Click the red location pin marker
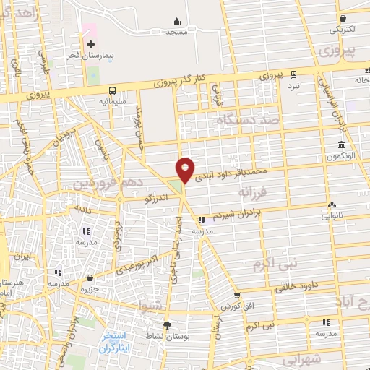tap(185, 169)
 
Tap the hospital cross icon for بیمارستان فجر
tap(90, 44)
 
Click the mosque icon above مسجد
tap(177, 21)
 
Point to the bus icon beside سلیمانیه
tap(112, 90)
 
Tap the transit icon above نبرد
tap(293, 74)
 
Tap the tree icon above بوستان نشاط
tap(168, 325)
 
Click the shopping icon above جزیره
tap(89, 278)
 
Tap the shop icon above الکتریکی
tap(343, 19)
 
